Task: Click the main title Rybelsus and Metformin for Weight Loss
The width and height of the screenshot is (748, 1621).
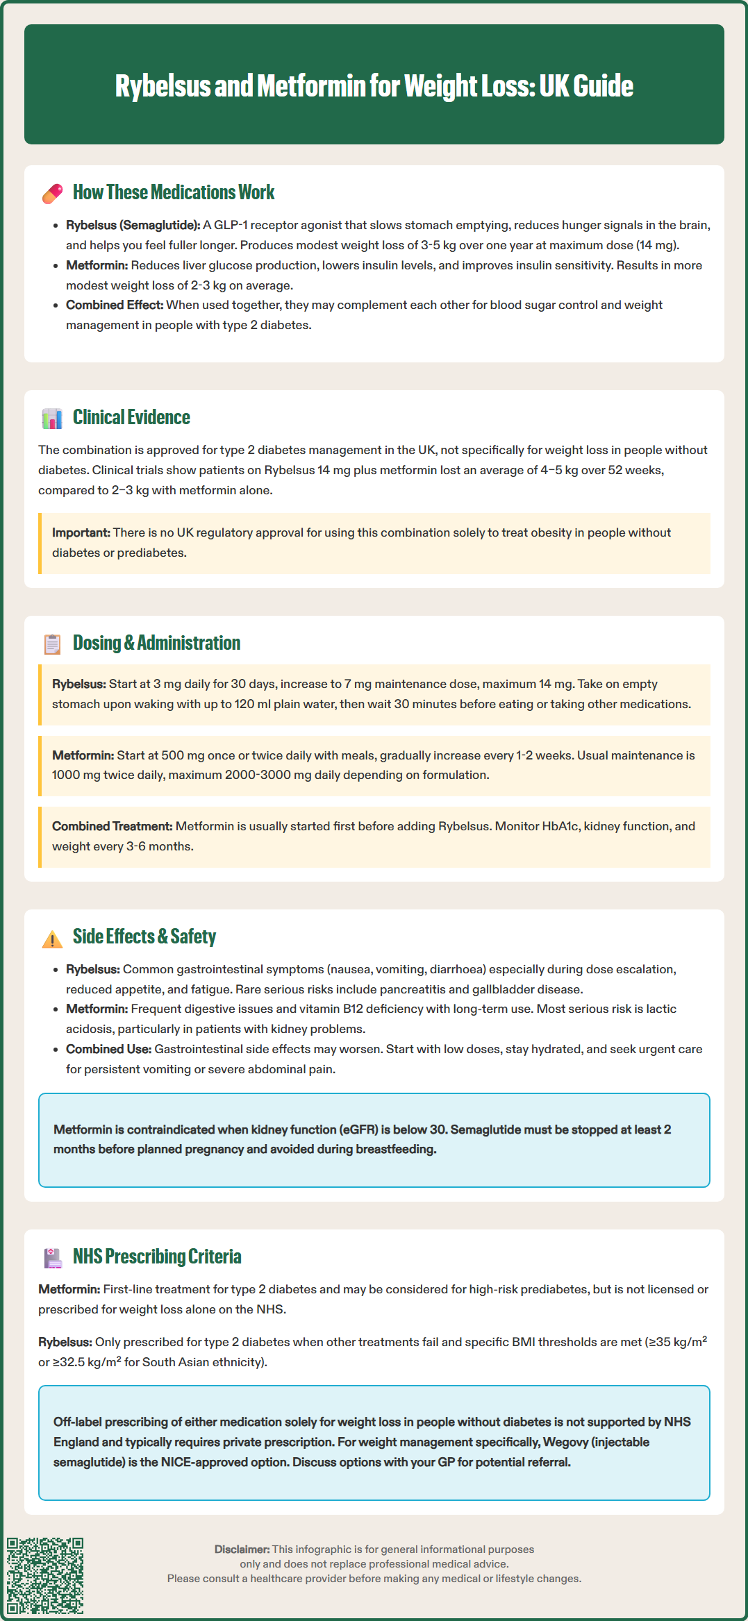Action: tap(374, 85)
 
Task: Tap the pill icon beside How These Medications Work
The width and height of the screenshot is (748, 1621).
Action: tap(53, 194)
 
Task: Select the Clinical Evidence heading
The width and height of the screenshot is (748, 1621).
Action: tap(131, 417)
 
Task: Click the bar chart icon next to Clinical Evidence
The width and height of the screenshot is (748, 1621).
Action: tap(52, 418)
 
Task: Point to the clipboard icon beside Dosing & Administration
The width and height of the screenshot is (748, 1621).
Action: tap(52, 644)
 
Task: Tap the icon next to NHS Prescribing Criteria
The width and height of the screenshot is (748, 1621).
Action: tap(53, 1258)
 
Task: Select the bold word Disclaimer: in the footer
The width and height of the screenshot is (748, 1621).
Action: tap(242, 1549)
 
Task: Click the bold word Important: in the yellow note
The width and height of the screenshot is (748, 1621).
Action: tap(81, 532)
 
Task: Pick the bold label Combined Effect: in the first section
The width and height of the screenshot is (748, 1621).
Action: tap(115, 305)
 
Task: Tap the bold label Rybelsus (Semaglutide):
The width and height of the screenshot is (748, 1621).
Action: tap(133, 225)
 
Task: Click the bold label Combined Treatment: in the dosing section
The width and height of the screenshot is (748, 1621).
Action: tap(112, 826)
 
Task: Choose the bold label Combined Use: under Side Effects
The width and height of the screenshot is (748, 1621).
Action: tap(108, 1049)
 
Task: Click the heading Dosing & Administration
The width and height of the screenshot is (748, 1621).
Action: tap(156, 643)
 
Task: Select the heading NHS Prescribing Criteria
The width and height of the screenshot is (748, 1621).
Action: tap(157, 1257)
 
